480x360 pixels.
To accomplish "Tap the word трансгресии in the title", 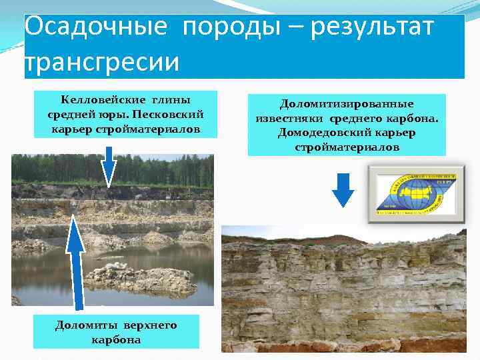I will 102,62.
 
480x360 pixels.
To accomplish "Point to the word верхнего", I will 151,325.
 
